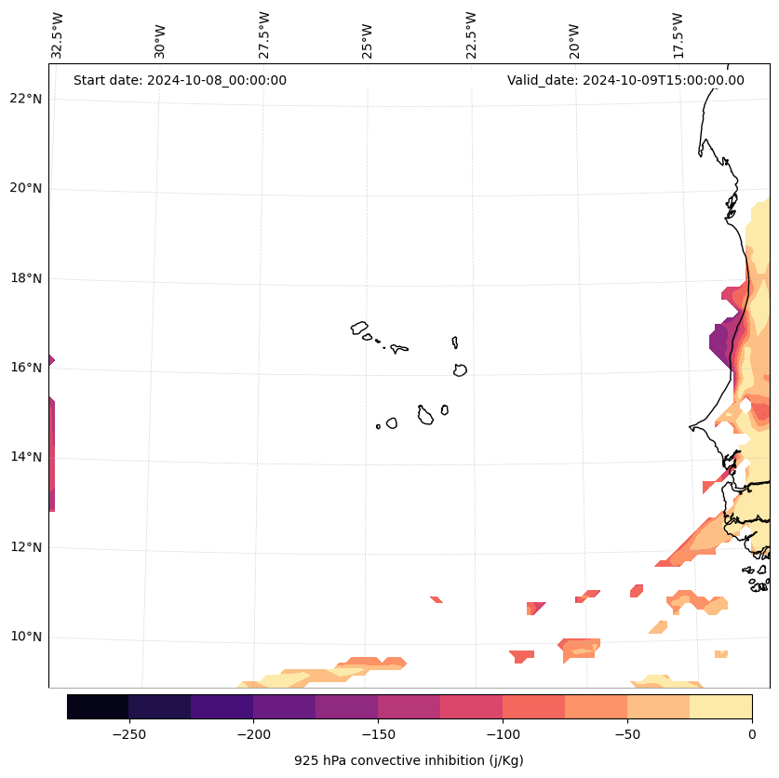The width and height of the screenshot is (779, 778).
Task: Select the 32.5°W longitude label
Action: click(58, 35)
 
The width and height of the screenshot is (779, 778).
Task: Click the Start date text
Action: click(180, 80)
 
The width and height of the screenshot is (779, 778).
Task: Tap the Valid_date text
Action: click(625, 80)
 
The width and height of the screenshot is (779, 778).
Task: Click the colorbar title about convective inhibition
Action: click(409, 760)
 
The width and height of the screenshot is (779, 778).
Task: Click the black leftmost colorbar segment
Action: click(98, 706)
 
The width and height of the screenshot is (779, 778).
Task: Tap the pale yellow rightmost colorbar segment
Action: click(720, 706)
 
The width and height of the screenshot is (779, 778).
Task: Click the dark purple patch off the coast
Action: click(720, 345)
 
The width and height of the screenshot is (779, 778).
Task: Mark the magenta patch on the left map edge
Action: click(51, 456)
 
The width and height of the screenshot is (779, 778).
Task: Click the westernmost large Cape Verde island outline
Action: click(359, 328)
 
